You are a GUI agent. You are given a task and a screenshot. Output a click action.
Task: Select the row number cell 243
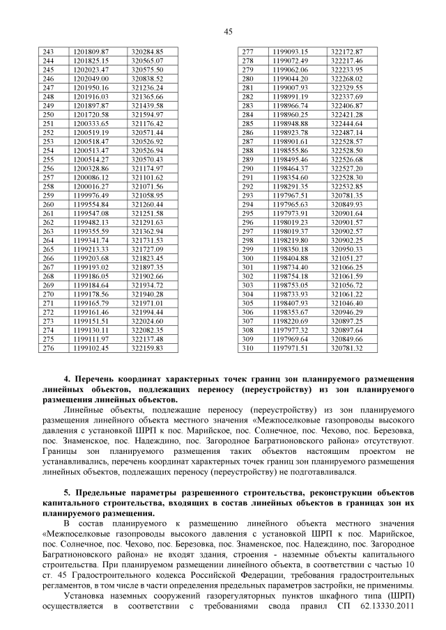(x=49, y=52)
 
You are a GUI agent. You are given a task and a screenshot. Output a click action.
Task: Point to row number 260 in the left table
(x=49, y=205)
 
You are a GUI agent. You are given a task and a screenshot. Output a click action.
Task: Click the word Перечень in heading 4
(x=102, y=381)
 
